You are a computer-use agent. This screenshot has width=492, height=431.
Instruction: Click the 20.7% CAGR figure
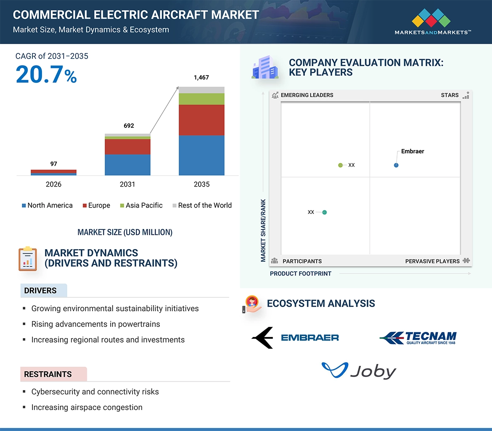click(x=46, y=75)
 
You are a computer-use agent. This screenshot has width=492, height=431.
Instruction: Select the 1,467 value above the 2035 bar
click(x=201, y=77)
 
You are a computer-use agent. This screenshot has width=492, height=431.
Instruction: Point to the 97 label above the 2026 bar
click(x=53, y=164)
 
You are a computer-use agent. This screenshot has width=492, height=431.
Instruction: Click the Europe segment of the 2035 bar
click(x=201, y=120)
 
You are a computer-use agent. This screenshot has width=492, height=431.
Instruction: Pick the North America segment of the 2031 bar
click(x=127, y=165)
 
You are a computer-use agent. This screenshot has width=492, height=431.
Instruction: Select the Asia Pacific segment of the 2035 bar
click(x=201, y=99)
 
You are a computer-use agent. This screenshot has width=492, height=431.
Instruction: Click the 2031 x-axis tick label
click(x=127, y=184)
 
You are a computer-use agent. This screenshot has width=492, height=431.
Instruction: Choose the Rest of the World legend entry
click(x=202, y=205)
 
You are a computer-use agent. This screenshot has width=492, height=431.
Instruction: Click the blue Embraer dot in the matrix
click(x=396, y=165)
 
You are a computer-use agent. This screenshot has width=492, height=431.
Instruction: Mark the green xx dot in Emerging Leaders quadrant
click(x=341, y=165)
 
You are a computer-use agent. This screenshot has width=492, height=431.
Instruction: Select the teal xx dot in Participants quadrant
click(x=324, y=212)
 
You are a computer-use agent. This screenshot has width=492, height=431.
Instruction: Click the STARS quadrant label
click(x=450, y=95)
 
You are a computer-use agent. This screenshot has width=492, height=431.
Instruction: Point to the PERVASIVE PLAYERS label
click(x=432, y=261)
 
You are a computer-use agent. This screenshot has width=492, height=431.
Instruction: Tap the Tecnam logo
click(x=418, y=338)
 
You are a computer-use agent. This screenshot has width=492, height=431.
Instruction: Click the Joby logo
click(x=359, y=371)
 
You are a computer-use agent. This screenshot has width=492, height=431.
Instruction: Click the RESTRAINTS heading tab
click(x=48, y=374)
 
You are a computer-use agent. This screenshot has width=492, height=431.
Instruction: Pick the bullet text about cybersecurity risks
click(x=95, y=392)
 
